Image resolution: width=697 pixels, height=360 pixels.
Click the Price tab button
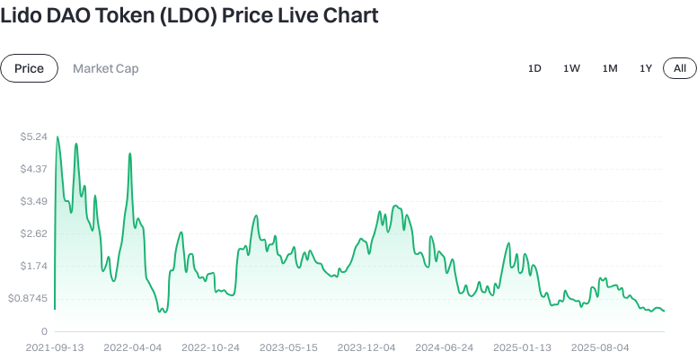(x=30, y=68)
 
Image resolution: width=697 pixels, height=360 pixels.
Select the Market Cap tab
(x=105, y=68)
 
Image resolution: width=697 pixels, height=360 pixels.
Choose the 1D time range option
(x=534, y=68)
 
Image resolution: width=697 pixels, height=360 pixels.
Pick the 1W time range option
(x=571, y=68)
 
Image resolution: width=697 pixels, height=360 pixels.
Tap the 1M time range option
(x=610, y=68)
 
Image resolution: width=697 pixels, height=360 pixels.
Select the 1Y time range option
(x=646, y=68)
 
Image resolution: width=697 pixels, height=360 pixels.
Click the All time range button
(x=680, y=68)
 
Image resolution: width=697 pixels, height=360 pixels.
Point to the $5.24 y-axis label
(x=33, y=136)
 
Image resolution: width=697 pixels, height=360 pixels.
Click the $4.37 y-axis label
(x=33, y=169)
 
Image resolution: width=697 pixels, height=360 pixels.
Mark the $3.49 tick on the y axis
(x=33, y=201)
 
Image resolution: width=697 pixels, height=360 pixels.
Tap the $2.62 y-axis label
(x=33, y=233)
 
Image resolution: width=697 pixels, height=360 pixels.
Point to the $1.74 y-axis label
(x=33, y=266)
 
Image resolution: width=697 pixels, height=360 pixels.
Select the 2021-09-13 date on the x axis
(x=55, y=347)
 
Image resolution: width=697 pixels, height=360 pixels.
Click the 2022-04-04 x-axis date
(x=133, y=347)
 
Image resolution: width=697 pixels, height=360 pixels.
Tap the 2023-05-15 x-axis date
(x=288, y=347)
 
